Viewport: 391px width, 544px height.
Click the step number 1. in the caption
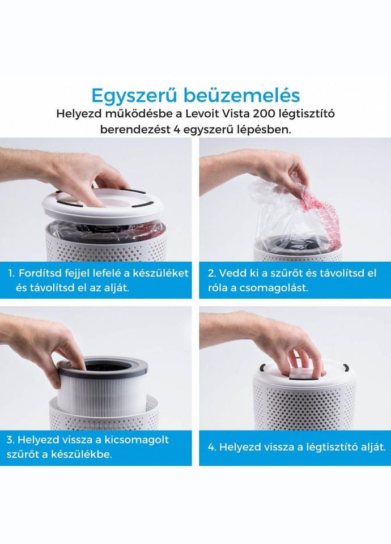pyautogui.click(x=11, y=273)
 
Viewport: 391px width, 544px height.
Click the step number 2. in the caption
pyautogui.click(x=212, y=273)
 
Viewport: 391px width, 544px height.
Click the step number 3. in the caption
pyautogui.click(x=11, y=439)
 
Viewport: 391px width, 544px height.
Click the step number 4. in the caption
pyautogui.click(x=212, y=447)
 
